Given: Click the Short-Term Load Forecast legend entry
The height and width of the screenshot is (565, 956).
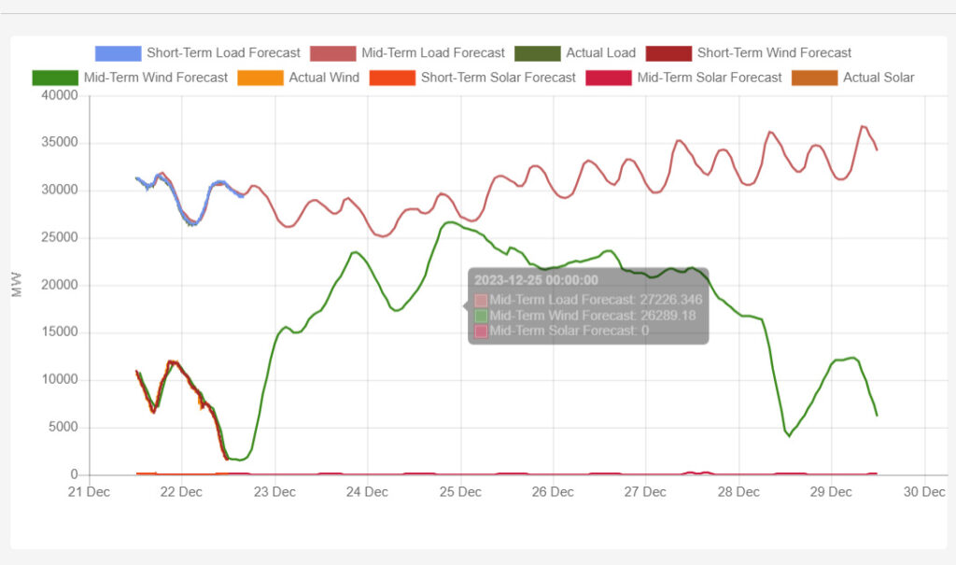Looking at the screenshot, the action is click(198, 53).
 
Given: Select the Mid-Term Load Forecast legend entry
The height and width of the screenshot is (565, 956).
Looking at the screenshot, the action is click(407, 53).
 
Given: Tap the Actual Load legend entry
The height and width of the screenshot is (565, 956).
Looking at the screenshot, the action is click(575, 53).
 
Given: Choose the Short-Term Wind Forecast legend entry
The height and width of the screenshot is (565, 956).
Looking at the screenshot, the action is click(749, 53).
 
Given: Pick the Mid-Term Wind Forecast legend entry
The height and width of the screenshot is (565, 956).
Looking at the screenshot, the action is click(130, 78).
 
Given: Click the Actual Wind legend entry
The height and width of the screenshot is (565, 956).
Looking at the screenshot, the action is click(298, 78).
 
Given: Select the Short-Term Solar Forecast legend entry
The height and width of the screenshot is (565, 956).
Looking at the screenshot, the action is click(472, 78).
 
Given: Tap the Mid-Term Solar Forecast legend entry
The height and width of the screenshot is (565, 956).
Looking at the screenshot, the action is click(683, 78).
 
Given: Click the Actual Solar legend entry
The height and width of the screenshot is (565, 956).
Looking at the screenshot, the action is click(853, 78).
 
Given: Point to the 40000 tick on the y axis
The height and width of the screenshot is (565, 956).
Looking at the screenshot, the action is click(60, 95).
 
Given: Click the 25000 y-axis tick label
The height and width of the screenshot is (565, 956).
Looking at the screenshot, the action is click(60, 237).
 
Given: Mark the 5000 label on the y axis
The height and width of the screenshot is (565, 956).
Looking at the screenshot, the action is click(63, 427).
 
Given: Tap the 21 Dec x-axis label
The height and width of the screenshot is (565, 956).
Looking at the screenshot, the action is click(89, 492).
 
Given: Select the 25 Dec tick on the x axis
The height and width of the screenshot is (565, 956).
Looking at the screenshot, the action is click(460, 492).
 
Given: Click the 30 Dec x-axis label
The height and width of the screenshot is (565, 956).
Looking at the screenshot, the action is click(924, 492).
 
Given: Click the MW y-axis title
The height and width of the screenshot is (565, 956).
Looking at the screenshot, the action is click(17, 285).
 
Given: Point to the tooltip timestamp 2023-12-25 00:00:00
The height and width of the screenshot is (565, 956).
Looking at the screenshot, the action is click(537, 280).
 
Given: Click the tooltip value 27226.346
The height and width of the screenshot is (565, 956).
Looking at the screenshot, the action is click(671, 300).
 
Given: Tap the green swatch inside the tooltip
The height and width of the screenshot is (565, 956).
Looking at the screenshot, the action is click(481, 316).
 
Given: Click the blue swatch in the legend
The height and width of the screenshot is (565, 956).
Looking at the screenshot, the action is click(118, 53).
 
